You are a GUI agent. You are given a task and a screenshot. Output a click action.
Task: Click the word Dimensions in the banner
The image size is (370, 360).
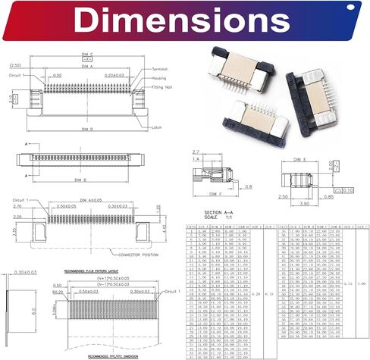pyautogui.click(x=184, y=19)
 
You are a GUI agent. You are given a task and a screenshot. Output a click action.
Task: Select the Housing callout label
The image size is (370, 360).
pyautogui.click(x=158, y=77)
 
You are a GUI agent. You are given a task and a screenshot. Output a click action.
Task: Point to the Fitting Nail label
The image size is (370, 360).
pyautogui.click(x=161, y=87)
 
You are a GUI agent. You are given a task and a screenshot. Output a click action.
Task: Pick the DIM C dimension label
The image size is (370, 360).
pyautogui.click(x=86, y=55)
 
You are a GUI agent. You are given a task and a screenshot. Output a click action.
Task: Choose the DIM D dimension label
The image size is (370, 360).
pyautogui.click(x=86, y=130)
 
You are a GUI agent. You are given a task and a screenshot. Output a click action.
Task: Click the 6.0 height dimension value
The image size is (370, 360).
pyautogui.click(x=23, y=310)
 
